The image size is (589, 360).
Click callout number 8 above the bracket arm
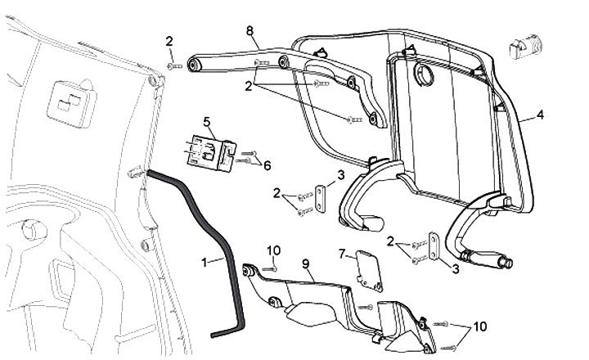(250, 31)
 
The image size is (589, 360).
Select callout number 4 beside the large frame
(540, 115)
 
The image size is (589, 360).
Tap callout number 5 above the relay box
(207, 122)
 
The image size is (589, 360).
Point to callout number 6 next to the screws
(267, 166)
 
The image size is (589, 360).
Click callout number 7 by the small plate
(342, 254)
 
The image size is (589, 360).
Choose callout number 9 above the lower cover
(305, 263)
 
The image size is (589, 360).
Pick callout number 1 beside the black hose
(205, 263)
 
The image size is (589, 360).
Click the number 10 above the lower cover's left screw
(274, 250)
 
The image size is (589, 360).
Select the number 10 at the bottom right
(479, 326)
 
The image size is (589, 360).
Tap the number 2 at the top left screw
(169, 42)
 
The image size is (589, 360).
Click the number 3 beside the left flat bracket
(340, 175)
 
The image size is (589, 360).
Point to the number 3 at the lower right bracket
(456, 269)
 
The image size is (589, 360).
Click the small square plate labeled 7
(369, 270)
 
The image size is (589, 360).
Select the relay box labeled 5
(211, 152)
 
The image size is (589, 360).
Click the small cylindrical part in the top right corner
(525, 46)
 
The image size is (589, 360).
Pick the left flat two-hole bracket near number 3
(321, 199)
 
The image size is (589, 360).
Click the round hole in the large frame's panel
(424, 74)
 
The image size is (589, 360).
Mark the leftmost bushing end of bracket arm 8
(194, 65)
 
